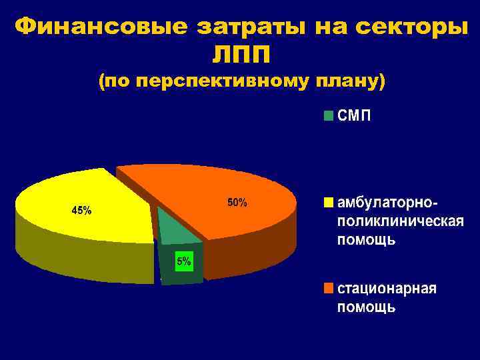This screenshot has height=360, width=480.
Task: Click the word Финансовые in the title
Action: click(99, 27)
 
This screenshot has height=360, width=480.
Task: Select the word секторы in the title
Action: click(407, 27)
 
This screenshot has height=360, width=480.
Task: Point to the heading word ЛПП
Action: click(241, 54)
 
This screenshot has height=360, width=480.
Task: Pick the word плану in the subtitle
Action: click(346, 83)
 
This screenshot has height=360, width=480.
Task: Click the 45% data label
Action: click(82, 211)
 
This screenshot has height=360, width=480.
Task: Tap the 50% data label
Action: click(237, 202)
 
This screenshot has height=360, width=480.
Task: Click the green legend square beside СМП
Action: click(328, 116)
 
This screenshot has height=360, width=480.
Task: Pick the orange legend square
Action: click(328, 289)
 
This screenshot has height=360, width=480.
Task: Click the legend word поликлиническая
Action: click(401, 220)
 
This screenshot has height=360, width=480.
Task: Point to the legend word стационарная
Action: click(387, 289)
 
